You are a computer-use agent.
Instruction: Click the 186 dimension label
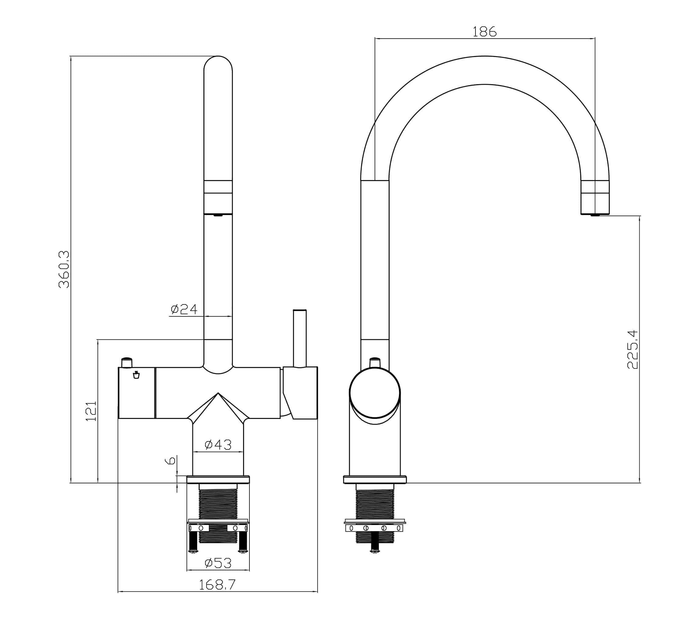[x=484, y=32]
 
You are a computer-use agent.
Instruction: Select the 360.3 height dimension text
[x=64, y=269]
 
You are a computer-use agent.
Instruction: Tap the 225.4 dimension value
[x=633, y=349]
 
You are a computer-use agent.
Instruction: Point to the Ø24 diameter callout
[x=184, y=309]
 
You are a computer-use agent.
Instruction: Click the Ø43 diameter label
[x=218, y=445]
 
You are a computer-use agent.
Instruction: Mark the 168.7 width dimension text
[x=217, y=585]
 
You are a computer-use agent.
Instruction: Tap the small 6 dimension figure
[x=170, y=460]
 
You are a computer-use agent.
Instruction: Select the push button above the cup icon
[x=127, y=363]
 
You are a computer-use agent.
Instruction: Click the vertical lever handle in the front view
[x=300, y=338]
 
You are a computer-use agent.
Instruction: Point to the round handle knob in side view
[x=375, y=393]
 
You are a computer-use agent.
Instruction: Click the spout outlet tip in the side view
[x=595, y=215]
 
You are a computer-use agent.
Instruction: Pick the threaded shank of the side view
[x=375, y=504]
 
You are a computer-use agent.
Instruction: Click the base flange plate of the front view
[x=218, y=479]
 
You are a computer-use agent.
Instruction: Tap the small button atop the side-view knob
[x=375, y=362]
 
